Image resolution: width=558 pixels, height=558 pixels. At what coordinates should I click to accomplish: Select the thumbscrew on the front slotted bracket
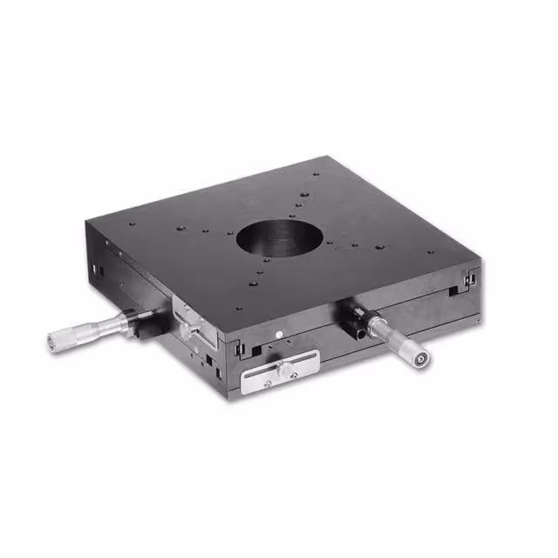point(285,371)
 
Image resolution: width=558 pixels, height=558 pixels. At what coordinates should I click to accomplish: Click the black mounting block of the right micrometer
point(357,319)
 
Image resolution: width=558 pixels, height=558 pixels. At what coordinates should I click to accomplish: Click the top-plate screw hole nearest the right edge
point(429,253)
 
